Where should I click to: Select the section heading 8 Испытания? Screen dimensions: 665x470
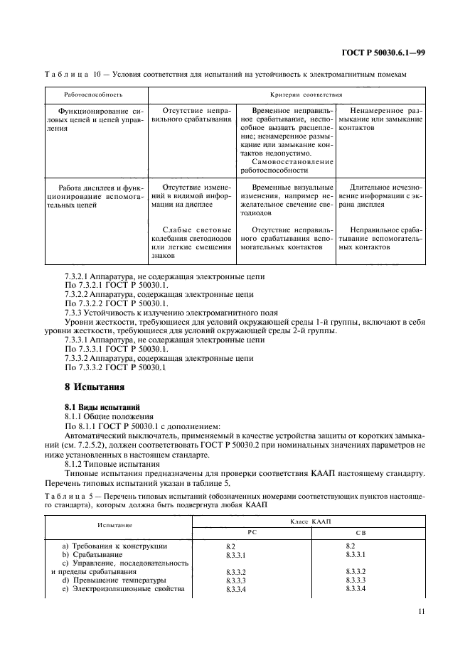[95, 387]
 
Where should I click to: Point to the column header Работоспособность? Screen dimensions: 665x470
[93, 94]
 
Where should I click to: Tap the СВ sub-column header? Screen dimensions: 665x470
[359, 531]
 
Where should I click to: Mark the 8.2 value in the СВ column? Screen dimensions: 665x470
[350, 545]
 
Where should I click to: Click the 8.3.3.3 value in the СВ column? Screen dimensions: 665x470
[356, 580]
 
